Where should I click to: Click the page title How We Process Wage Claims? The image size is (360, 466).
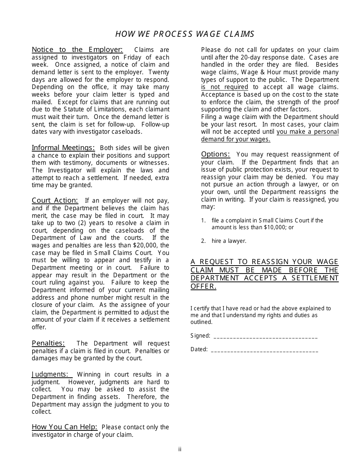[185, 34]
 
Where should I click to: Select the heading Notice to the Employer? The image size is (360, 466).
[77, 50]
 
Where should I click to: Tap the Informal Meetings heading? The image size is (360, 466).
[63, 148]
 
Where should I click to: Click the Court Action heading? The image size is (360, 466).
[55, 200]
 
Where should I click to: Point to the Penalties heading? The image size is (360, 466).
[48, 343]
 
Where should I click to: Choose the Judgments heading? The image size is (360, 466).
[52, 374]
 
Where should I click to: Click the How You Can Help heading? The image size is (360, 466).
[64, 427]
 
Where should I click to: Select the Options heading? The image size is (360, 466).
[216, 154]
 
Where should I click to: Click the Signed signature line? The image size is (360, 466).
[265, 336]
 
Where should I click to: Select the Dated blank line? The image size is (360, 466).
[264, 350]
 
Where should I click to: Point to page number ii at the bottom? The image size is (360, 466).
[180, 449]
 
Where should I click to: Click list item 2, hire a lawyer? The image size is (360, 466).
[229, 241]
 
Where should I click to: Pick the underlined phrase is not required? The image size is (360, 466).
[224, 87]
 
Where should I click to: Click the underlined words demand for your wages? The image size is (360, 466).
[235, 139]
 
